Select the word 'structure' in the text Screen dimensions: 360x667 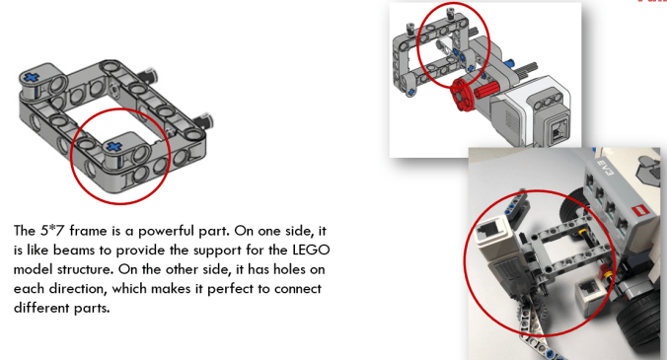pos(106,269)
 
